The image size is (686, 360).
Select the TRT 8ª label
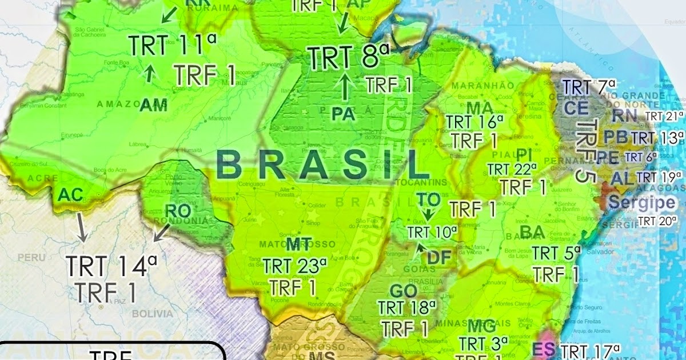pyautogui.click(x=348, y=57)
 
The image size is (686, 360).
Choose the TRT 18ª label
pyautogui.click(x=406, y=307)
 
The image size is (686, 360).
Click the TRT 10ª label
pyautogui.click(x=432, y=233)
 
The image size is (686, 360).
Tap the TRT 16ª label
pyautogui.click(x=474, y=122)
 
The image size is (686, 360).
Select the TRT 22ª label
pyautogui.click(x=512, y=170)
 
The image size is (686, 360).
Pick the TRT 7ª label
pyautogui.click(x=589, y=87)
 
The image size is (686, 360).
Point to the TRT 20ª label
pyautogui.click(x=660, y=221)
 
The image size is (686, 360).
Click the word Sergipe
pyautogui.click(x=641, y=202)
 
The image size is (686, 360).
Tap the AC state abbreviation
pyautogui.click(x=70, y=195)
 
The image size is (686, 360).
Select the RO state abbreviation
pyautogui.click(x=177, y=210)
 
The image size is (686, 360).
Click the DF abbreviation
pyautogui.click(x=439, y=258)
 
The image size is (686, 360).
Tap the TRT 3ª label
pyautogui.click(x=484, y=344)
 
